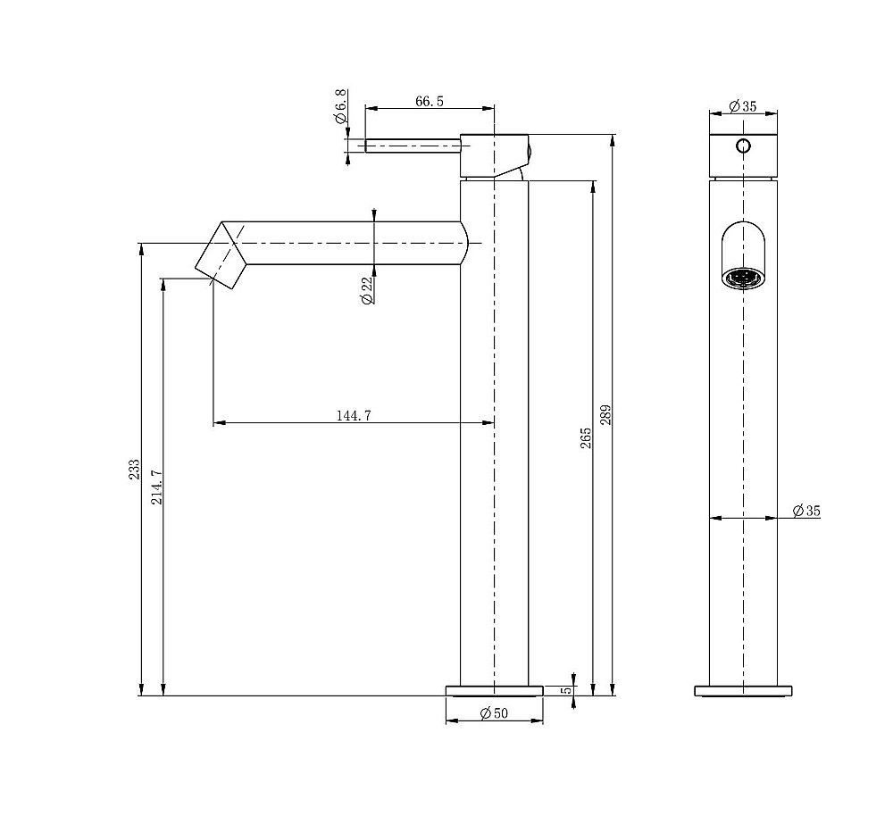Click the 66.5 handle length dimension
429,101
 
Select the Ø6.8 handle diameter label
340,106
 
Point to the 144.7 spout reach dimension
354,415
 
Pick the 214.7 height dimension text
157,487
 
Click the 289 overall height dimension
606,415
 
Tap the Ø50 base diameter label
493,712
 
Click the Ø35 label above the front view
742,106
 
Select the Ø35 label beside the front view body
805,511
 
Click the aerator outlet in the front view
743,279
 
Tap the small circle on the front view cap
743,146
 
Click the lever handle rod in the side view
411,145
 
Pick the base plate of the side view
494,690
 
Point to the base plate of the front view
743,690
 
